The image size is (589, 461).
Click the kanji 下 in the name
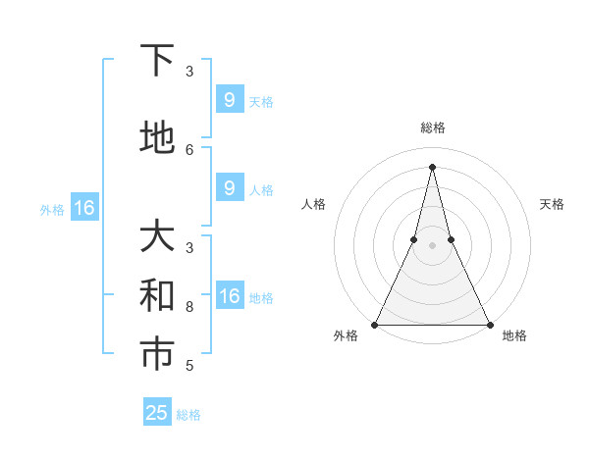coord(157,61)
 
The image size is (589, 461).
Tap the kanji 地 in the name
coord(157,138)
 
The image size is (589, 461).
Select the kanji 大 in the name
coord(157,237)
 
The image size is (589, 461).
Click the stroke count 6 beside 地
coord(189,149)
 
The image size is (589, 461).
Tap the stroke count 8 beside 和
coord(189,306)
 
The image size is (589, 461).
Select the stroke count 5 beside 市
coord(189,366)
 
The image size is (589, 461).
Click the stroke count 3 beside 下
coord(189,71)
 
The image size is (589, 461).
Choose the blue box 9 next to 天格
coord(229,100)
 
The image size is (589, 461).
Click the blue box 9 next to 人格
coord(229,189)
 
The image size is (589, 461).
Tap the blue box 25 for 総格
coord(157,413)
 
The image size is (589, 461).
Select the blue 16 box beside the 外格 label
coord(83,208)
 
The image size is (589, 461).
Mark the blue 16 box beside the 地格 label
coord(229,297)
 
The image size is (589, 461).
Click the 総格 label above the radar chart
coord(432,128)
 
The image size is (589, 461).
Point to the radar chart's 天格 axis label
coord(552,204)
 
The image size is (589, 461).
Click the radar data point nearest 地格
coord(489,324)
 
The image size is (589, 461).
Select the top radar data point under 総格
coord(432,166)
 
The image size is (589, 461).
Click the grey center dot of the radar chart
coord(432,245)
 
